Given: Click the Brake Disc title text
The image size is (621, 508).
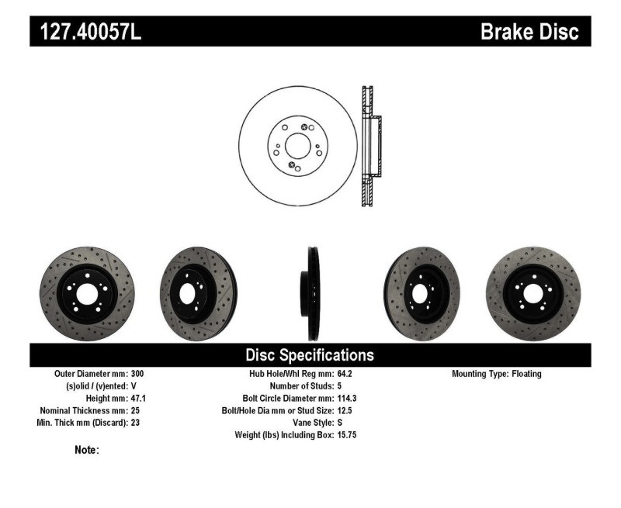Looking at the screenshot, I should click(x=529, y=32).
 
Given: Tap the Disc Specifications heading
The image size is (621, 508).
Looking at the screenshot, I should click(x=310, y=355).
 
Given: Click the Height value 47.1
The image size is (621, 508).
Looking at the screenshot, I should click(x=137, y=398).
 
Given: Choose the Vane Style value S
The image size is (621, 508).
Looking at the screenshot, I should click(x=340, y=423).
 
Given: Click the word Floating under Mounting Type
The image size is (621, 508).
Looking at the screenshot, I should click(x=526, y=374).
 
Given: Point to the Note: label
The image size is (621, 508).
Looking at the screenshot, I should click(x=86, y=450).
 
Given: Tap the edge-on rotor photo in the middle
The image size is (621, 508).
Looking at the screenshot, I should click(x=311, y=293).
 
